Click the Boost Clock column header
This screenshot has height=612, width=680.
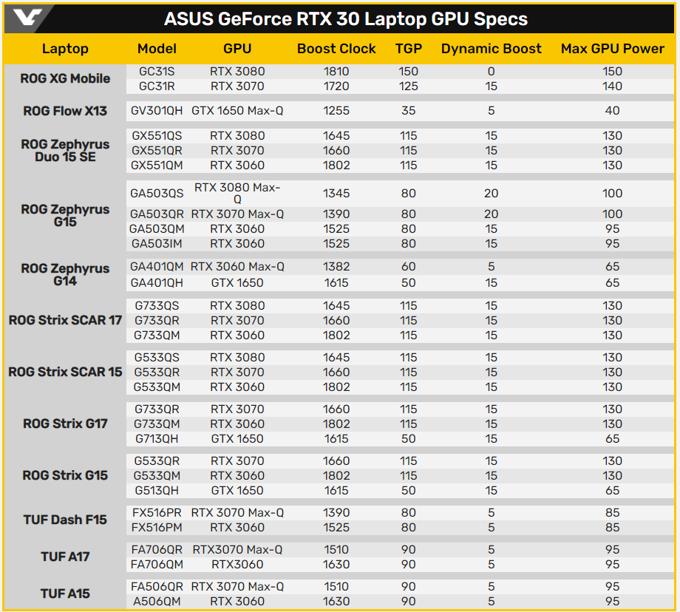[336, 49]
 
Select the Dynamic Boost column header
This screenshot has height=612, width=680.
[491, 49]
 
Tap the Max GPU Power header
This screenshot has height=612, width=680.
[612, 49]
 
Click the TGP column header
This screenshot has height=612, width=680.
[409, 49]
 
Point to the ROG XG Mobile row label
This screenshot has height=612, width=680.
[65, 78]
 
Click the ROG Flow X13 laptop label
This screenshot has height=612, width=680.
[65, 111]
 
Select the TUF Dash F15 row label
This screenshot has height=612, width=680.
[65, 520]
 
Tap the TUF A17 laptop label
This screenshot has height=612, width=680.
[65, 557]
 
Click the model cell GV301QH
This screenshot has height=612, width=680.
[157, 111]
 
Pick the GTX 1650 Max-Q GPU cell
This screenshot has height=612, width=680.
[237, 111]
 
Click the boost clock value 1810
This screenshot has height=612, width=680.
[336, 71]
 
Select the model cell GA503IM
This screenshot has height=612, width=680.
[157, 243]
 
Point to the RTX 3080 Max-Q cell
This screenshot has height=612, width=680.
[237, 193]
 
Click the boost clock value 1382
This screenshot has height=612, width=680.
[336, 266]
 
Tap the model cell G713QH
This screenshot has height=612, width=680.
[157, 438]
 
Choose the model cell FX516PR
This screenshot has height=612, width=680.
[157, 513]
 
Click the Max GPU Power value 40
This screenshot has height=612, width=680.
[612, 111]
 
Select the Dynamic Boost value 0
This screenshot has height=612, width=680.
[491, 71]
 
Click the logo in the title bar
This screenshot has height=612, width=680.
[27, 18]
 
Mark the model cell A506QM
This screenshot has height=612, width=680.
[157, 601]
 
